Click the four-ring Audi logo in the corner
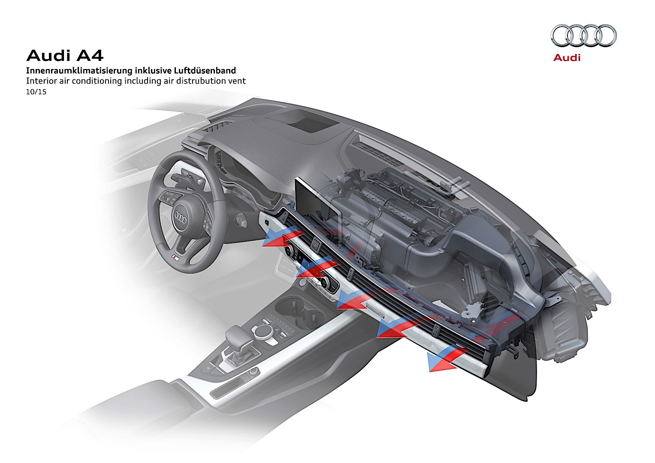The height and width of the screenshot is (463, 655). coord(584,35)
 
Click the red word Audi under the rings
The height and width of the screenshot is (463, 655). coord(567,57)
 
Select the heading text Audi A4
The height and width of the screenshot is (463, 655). coord(65,56)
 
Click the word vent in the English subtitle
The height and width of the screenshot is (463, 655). coord(237,81)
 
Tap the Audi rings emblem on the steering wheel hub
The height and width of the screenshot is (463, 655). coord(181,218)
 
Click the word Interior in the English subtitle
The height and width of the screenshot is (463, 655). coord(40,81)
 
